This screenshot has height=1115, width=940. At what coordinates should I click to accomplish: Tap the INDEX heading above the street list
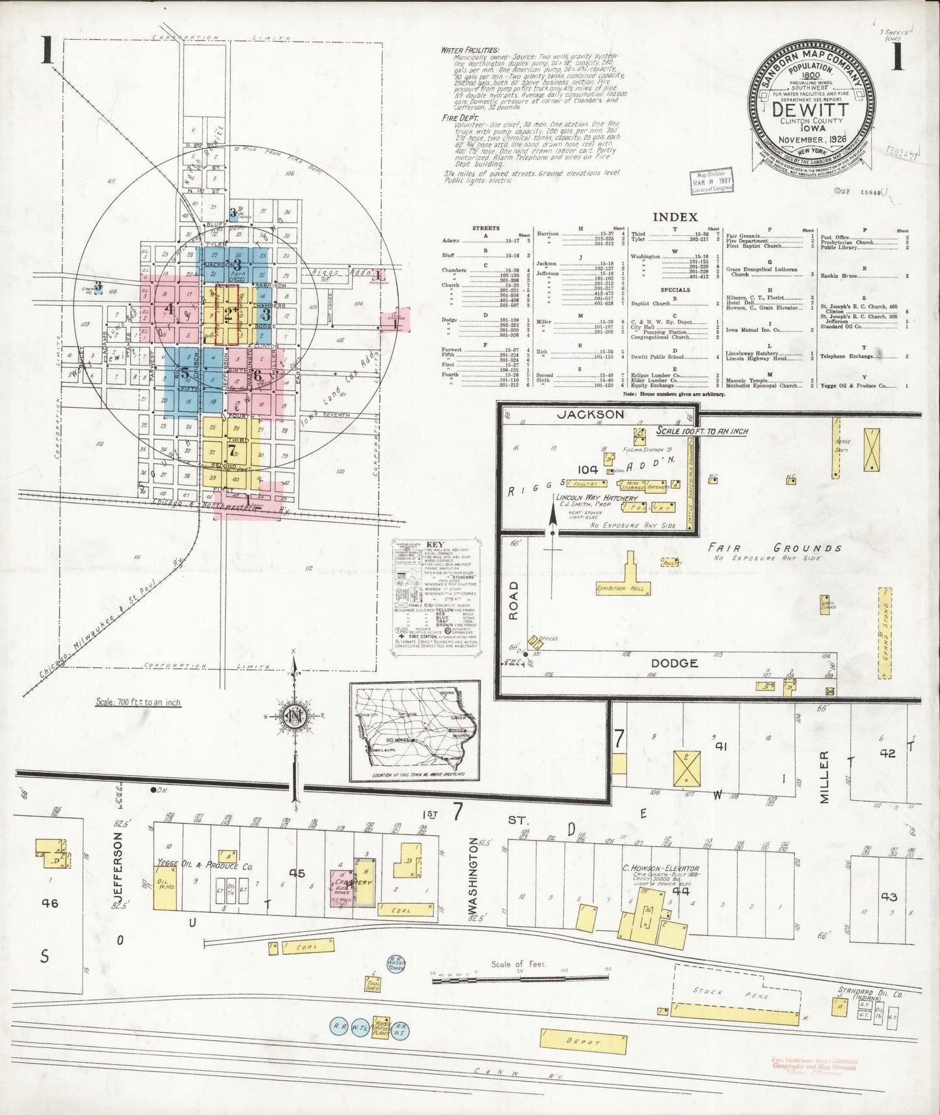[675, 217]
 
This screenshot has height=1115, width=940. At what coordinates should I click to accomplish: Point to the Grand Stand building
[883, 633]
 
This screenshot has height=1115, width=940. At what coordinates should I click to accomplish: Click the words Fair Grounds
[774, 548]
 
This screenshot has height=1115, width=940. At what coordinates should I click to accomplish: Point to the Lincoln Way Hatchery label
[596, 498]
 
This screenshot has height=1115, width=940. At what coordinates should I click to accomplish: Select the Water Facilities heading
[469, 49]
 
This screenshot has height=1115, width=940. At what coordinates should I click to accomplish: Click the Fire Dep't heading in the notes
[459, 118]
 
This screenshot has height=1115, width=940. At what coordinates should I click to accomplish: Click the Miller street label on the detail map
[824, 777]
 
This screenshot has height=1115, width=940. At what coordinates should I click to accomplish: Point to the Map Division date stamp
[711, 182]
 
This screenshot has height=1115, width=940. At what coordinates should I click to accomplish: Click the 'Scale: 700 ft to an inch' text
[138, 703]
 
